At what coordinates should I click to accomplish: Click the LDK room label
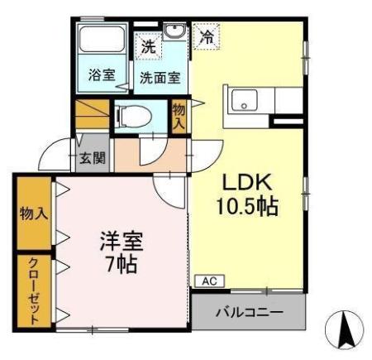click(246, 184)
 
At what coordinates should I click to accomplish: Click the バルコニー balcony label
click(250, 313)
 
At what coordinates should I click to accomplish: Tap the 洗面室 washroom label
click(159, 79)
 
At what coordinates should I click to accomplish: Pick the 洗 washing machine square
click(148, 47)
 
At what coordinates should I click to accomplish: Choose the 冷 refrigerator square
click(206, 37)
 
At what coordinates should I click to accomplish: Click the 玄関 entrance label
click(92, 158)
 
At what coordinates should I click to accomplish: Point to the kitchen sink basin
click(246, 101)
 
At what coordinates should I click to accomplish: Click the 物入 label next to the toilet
click(179, 114)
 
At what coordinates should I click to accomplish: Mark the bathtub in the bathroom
click(99, 46)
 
